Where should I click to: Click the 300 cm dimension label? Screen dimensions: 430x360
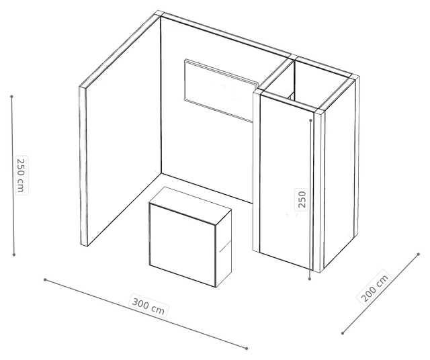[148, 305]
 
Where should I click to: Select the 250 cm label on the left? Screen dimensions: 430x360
[21, 175]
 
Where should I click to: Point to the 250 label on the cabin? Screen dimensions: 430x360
[301, 199]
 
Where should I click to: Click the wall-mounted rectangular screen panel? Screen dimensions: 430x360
[221, 90]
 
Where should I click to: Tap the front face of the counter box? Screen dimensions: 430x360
[182, 245]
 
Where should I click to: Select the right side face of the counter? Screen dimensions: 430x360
[224, 248]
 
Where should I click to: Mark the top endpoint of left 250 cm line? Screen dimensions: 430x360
[11, 97]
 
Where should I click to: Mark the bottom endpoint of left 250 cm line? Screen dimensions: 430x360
[14, 255]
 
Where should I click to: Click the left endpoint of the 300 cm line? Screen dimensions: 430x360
[45, 279]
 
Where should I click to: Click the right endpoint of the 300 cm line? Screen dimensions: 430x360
[247, 349]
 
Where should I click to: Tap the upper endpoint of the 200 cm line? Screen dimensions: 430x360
[418, 254]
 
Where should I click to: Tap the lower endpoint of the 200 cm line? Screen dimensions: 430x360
[343, 333]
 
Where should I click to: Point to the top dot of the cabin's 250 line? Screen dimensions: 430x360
[310, 120]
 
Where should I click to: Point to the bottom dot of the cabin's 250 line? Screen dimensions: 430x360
[310, 279]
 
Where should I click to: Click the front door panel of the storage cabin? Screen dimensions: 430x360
[287, 181]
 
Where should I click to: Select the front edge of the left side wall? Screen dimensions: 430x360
[83, 166]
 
